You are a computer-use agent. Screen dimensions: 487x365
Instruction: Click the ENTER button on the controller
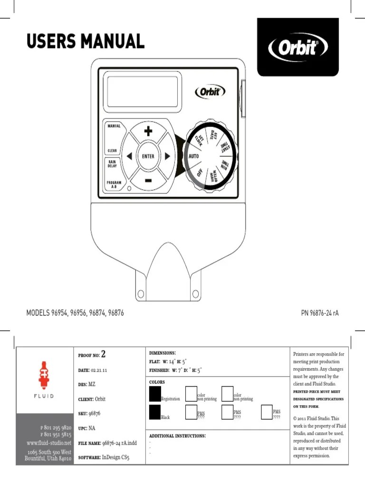coord(148,156)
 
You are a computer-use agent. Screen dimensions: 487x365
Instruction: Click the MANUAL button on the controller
coord(113,127)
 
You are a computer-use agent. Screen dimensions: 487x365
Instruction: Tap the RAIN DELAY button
coord(112,164)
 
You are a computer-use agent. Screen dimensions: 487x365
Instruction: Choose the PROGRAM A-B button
coord(114,185)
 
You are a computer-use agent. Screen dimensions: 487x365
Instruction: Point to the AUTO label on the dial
coord(193,156)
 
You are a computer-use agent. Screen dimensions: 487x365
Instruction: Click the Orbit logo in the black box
coord(298,48)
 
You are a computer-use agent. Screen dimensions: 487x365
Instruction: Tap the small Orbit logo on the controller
coord(210,91)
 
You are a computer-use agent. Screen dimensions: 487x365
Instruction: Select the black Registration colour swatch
coord(155,393)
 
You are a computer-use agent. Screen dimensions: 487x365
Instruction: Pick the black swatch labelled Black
coord(155,412)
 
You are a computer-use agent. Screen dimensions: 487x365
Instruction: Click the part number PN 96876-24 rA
coord(320,313)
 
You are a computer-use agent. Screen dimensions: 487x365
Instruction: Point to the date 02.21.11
coord(99,370)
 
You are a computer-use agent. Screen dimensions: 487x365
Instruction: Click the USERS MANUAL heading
coord(86,41)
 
